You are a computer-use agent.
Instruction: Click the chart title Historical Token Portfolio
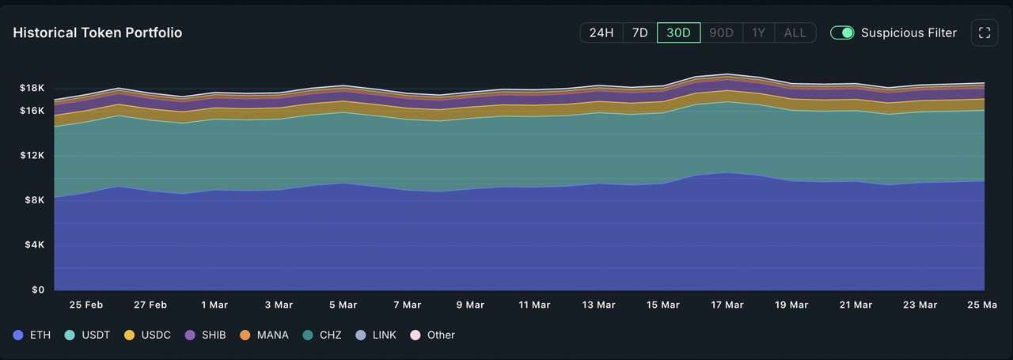click(97, 33)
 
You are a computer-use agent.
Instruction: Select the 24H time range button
click(601, 33)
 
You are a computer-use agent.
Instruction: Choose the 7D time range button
click(639, 33)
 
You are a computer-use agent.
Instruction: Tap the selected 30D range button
click(678, 33)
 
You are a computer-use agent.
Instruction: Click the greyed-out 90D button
click(721, 33)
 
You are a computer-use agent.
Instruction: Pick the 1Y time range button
click(759, 33)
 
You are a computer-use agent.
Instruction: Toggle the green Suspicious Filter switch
click(842, 33)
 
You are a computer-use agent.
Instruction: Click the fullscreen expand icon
click(985, 33)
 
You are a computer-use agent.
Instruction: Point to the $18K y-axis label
click(32, 88)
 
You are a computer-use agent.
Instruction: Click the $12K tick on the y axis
click(32, 155)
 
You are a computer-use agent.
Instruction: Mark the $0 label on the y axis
click(38, 290)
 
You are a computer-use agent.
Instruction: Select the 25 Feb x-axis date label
click(86, 305)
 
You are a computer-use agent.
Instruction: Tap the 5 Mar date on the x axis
click(343, 305)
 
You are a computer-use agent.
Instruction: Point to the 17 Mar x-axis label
click(727, 305)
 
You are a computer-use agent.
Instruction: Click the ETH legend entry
click(32, 335)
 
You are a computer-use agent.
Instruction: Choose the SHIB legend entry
click(206, 335)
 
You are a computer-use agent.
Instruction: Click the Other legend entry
click(433, 335)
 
